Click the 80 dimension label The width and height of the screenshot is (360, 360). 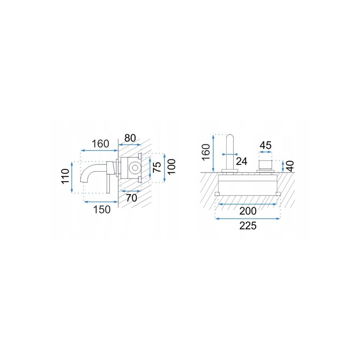tap(130, 138)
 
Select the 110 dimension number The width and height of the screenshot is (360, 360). tap(65, 176)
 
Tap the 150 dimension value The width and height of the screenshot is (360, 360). tap(102, 210)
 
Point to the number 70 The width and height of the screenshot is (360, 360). tap(131, 198)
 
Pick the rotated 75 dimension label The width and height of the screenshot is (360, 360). tap(157, 167)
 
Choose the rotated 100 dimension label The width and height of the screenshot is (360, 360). tap(171, 167)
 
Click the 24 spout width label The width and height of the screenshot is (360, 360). tap(242, 161)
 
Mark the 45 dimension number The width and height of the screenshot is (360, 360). tap(266, 145)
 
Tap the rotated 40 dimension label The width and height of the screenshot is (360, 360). tap(290, 166)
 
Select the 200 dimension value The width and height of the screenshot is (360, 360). tap(248, 211)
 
